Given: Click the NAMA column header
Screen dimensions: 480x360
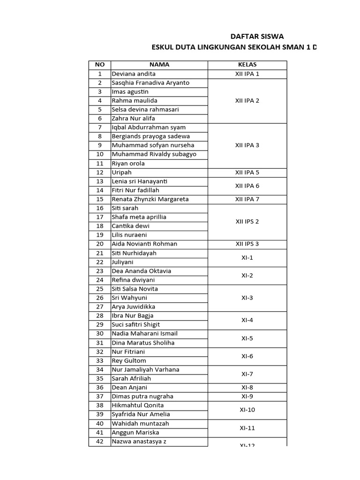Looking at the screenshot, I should click(x=159, y=65).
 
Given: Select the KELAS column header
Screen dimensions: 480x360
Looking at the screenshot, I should click(x=247, y=65).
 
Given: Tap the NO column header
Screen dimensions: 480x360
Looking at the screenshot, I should click(x=99, y=65).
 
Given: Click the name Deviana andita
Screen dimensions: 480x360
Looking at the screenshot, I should click(x=134, y=74).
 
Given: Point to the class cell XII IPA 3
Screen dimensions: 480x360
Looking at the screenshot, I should click(x=247, y=145).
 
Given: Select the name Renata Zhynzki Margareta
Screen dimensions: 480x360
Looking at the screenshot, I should click(x=150, y=199).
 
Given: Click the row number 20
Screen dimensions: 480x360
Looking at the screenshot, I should click(x=99, y=244).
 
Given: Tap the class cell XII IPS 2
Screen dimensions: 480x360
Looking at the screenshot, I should click(x=247, y=222).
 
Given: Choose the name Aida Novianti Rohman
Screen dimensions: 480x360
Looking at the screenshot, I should click(x=144, y=244).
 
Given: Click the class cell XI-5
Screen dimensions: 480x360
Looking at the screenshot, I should click(x=247, y=338).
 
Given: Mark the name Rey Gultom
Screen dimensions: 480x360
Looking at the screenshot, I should click(x=129, y=360).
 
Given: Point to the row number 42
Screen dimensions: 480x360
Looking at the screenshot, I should click(x=99, y=442).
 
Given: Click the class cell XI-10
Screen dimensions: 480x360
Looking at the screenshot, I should click(x=247, y=410).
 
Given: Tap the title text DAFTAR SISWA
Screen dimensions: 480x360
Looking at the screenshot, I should click(x=257, y=37).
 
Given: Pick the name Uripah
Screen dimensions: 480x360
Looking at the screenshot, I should click(x=121, y=172).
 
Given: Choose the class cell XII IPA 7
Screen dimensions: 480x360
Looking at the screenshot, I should click(x=247, y=199).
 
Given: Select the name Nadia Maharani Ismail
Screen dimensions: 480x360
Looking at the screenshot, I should click(x=144, y=334).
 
